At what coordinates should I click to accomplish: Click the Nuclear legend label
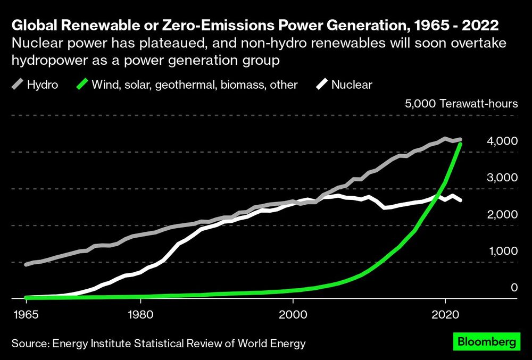point(352,84)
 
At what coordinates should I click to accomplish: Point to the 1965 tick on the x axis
point(26,314)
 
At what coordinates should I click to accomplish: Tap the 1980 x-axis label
point(140,314)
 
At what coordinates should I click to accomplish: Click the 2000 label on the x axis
point(293,314)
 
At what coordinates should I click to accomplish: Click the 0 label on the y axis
point(514,288)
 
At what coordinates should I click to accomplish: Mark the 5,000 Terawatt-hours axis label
point(461,103)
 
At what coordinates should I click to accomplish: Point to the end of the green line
point(460,144)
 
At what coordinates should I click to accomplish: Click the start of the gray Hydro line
point(26,264)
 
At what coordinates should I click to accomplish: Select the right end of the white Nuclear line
point(460,200)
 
